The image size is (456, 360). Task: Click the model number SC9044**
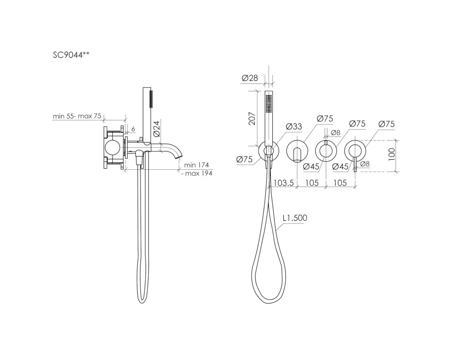click(x=71, y=55)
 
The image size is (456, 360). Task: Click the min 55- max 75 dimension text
click(x=77, y=116)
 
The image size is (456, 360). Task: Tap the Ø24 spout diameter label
click(x=156, y=129)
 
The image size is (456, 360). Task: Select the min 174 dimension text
click(x=196, y=165)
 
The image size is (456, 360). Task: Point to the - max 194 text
click(x=197, y=173)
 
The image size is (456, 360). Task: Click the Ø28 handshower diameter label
click(x=250, y=78)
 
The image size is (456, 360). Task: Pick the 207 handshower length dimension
click(x=252, y=119)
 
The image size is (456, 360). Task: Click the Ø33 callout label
click(x=294, y=126)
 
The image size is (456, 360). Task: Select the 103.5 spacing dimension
click(x=284, y=183)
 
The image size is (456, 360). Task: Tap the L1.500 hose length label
click(x=295, y=218)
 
